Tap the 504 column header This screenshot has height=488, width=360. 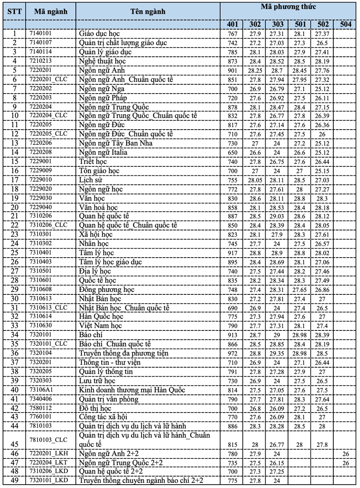(345, 24)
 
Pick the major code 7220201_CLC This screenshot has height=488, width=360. (49, 79)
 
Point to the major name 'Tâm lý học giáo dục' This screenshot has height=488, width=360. (106, 262)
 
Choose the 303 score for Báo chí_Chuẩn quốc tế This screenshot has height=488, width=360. (277, 344)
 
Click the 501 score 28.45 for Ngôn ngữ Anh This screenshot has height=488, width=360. (299, 70)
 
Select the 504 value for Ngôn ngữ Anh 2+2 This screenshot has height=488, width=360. (346, 453)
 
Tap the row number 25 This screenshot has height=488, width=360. (15, 252)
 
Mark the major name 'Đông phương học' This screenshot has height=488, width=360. (107, 289)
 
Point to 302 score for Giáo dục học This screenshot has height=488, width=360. (255, 33)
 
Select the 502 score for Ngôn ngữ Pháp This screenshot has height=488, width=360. (322, 97)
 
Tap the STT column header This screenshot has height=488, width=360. (15, 11)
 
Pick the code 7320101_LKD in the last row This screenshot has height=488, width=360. (49, 480)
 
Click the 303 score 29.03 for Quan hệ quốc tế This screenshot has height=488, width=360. (277, 216)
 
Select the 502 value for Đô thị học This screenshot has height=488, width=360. (322, 408)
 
